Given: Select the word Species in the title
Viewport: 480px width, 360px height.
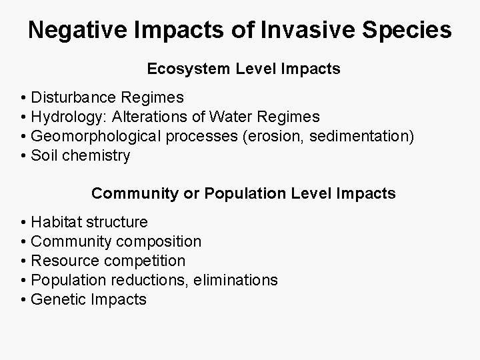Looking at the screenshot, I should point(411,30).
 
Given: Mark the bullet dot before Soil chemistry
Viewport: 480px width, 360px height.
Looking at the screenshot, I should point(23,156).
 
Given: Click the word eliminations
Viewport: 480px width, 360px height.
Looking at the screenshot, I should point(236,280).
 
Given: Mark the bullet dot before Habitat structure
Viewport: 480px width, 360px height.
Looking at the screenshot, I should point(23,222).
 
